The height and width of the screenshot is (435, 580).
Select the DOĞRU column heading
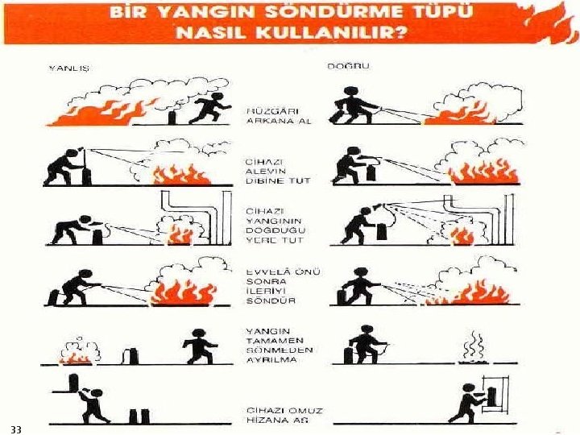pos(348,66)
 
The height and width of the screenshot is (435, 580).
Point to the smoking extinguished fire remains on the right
pos(473,351)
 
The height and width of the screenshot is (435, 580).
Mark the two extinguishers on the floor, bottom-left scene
pos(139,415)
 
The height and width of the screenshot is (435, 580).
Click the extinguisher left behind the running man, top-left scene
pos(171,118)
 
